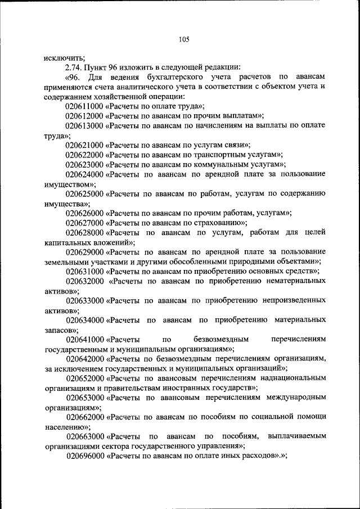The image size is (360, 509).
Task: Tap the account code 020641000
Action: click(85, 339)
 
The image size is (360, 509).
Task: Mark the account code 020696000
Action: click(84, 456)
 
